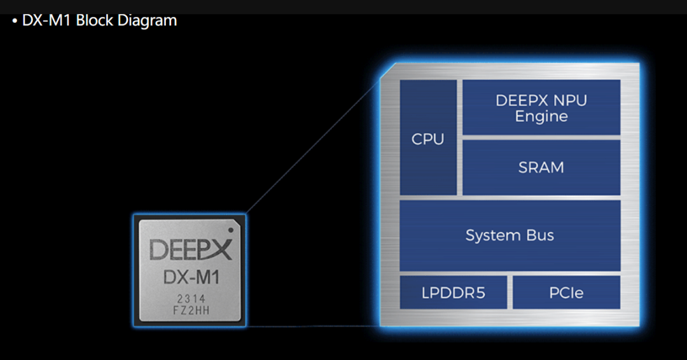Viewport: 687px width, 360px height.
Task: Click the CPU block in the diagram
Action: (428, 137)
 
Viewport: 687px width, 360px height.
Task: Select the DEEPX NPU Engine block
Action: (541, 107)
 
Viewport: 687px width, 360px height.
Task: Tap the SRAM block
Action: (541, 167)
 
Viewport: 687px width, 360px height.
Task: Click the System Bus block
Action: (510, 235)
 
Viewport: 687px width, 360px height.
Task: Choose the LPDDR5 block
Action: (454, 293)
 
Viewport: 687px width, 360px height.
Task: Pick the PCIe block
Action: (566, 293)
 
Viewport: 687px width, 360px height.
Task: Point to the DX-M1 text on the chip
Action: (190, 278)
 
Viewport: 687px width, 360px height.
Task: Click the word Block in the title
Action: (94, 20)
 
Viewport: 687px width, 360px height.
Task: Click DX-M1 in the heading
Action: (47, 20)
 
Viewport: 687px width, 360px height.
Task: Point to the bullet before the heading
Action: (15, 21)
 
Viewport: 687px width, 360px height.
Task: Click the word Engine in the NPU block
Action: (541, 116)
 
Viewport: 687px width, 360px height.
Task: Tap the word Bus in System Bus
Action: (539, 235)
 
